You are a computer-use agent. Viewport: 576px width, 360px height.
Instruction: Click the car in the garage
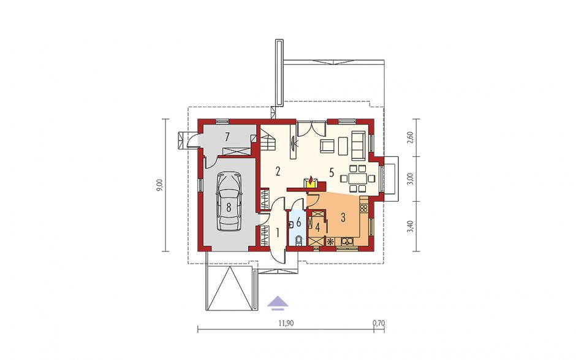tap(229, 201)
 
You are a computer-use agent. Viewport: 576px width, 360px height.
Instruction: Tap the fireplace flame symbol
tap(311, 182)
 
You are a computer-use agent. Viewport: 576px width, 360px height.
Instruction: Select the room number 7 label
tap(227, 137)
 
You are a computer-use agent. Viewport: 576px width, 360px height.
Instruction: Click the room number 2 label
tap(278, 171)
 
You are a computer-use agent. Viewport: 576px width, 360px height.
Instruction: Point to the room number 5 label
tap(332, 173)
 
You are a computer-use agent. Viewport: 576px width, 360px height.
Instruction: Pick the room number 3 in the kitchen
tap(343, 217)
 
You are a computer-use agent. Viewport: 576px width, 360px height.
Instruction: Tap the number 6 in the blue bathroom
tap(298, 222)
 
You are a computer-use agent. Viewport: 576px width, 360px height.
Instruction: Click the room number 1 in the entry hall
tap(278, 232)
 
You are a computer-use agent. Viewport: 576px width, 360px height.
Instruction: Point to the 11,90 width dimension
tap(285, 323)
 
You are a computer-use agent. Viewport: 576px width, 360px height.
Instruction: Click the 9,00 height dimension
tap(160, 185)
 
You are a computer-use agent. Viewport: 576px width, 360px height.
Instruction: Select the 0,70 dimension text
tap(378, 323)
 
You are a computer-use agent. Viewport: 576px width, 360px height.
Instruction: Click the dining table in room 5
tap(357, 178)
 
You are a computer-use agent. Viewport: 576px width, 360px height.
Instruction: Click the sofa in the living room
tap(358, 145)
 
